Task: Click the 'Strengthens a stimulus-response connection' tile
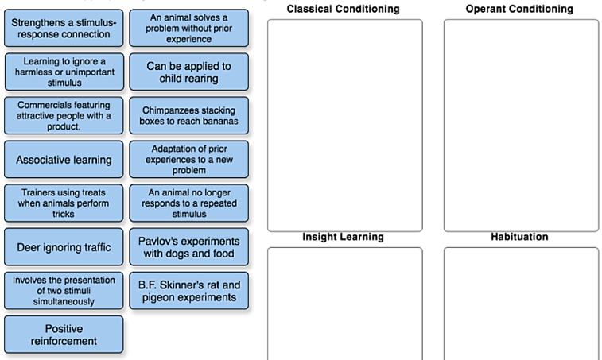point(64,29)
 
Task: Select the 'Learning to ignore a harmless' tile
point(64,72)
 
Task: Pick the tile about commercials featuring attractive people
point(64,115)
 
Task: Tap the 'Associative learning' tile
point(64,160)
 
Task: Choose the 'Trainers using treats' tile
point(64,203)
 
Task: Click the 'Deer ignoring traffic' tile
point(64,247)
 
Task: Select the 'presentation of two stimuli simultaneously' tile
point(64,291)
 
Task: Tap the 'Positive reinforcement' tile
point(64,335)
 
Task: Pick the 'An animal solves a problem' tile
point(188,28)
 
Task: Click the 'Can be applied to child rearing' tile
point(188,72)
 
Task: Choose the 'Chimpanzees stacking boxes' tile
point(188,116)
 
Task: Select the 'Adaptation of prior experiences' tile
point(188,160)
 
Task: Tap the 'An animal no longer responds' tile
point(188,203)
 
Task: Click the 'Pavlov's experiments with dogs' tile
point(188,247)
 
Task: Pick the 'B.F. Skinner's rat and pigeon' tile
point(188,291)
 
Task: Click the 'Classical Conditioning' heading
point(343,9)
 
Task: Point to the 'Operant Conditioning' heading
point(520,9)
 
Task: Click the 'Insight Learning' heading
point(343,237)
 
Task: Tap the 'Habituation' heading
point(520,237)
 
